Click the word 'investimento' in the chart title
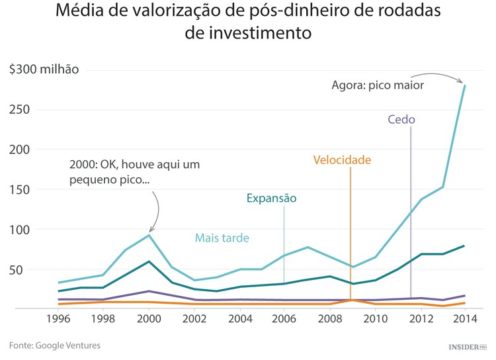247,32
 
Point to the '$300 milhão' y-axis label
44,69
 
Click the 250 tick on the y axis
20,110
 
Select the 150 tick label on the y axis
20,190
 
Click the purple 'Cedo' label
401,120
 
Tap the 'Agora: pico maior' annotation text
377,85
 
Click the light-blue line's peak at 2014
465,85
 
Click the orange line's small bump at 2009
351,300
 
